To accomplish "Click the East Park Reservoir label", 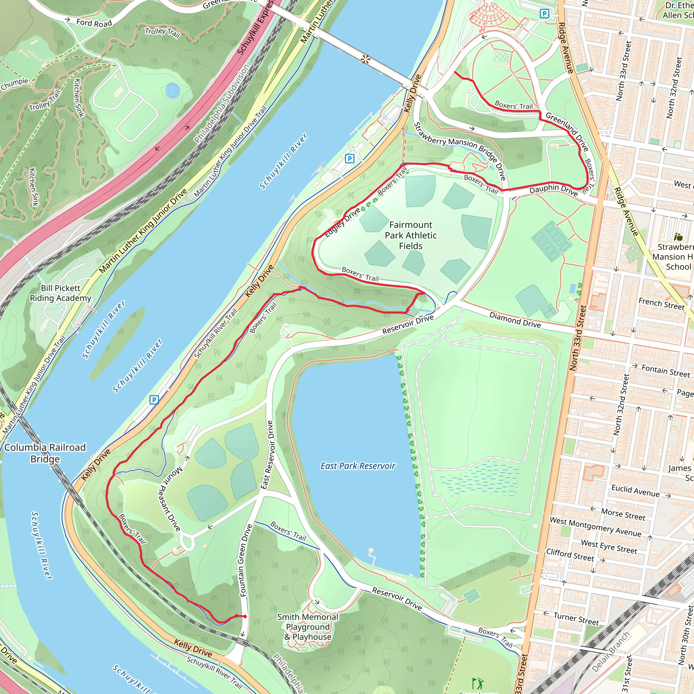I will coord(358,466).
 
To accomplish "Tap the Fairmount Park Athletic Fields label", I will coord(411,235).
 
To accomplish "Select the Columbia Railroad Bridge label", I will coord(45,453).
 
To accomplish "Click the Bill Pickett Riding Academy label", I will coord(60,293).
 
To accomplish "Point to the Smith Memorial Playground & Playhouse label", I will coord(307,627).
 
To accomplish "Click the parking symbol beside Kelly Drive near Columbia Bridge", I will coord(154,400).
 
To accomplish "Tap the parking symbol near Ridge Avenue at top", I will coord(545,14).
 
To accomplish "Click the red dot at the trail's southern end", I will coord(245,616).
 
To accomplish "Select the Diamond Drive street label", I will coord(515,319).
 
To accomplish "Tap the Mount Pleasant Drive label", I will coord(169,499).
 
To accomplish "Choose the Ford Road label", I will coord(94,23).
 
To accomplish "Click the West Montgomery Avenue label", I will coord(595,527).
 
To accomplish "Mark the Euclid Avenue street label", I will coord(635,490).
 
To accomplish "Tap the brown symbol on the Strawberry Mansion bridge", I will coord(365,60).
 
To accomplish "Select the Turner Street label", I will coord(576,618).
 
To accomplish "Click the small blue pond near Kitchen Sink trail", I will coord(172,90).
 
